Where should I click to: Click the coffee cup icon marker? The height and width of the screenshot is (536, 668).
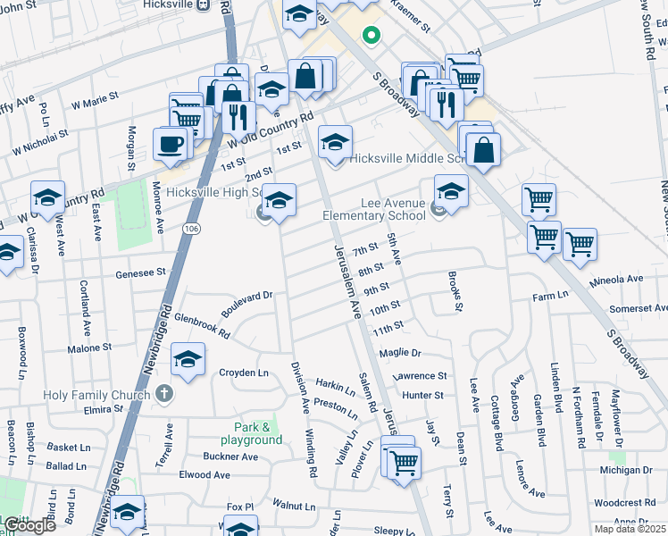(170, 144)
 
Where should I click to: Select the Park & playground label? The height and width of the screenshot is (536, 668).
(252, 433)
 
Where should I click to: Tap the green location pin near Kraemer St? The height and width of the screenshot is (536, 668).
(370, 36)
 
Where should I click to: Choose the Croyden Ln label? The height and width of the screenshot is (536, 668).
(244, 373)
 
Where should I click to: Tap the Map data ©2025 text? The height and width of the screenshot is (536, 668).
(630, 530)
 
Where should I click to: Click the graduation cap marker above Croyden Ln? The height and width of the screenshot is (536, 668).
(188, 361)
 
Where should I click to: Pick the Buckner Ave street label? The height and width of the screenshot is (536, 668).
(230, 456)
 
